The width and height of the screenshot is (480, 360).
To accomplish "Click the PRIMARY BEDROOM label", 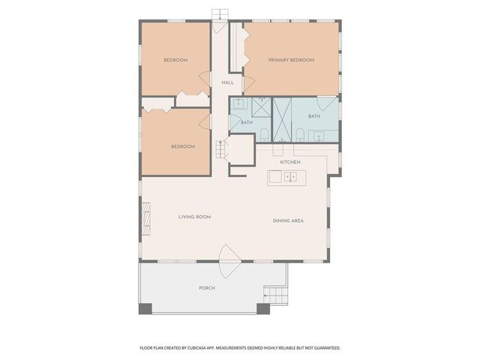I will click(x=291, y=60).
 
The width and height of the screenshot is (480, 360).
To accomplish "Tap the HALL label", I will click(x=227, y=82).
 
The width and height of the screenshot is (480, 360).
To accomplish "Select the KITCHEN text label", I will click(x=290, y=162).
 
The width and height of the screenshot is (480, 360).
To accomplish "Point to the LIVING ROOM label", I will click(x=194, y=217).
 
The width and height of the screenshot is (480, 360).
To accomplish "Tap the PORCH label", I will click(x=207, y=288).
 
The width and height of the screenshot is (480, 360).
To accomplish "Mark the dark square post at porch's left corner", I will click(x=145, y=307).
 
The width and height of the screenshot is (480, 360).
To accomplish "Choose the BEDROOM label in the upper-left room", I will click(x=175, y=60).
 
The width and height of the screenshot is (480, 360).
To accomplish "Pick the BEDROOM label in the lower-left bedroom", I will click(x=182, y=146).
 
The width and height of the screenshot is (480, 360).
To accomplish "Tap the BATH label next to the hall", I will click(x=246, y=121).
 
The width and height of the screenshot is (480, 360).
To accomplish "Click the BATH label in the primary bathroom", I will click(x=313, y=116).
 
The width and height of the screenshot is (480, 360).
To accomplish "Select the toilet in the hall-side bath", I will click(x=264, y=135).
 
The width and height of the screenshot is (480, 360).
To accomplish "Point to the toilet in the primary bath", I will click(x=299, y=135).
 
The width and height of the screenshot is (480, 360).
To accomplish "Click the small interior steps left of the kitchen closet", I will click(x=220, y=148).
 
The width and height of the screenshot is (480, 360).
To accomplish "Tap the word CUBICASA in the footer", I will click(x=216, y=348).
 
